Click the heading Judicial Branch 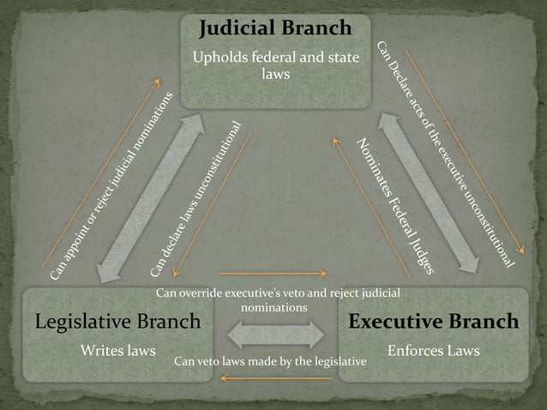[275, 28]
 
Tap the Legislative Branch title [117, 322]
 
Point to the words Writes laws [117, 351]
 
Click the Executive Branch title [433, 322]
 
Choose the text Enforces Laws [433, 351]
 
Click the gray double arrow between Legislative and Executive [274, 335]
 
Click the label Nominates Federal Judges [395, 206]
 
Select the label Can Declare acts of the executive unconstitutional [446, 154]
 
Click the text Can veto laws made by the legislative [270, 362]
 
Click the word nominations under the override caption [274, 306]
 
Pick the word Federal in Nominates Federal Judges [395, 206]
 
